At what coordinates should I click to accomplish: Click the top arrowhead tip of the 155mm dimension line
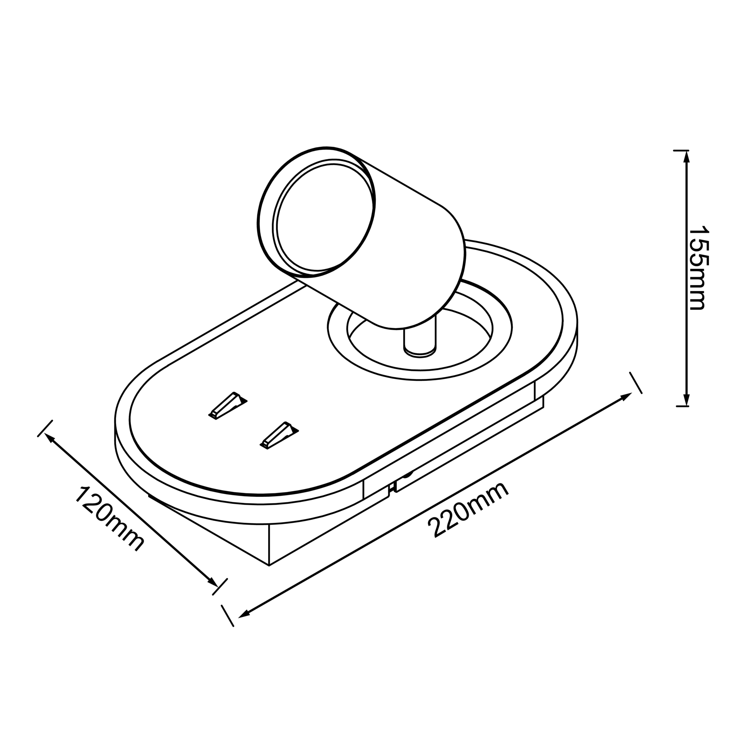point(687,151)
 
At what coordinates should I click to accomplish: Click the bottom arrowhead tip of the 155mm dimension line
point(687,406)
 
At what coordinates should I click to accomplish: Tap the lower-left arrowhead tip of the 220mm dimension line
point(238,616)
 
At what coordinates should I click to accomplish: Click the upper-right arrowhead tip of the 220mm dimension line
point(631,393)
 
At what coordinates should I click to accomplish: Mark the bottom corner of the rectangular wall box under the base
point(269,565)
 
